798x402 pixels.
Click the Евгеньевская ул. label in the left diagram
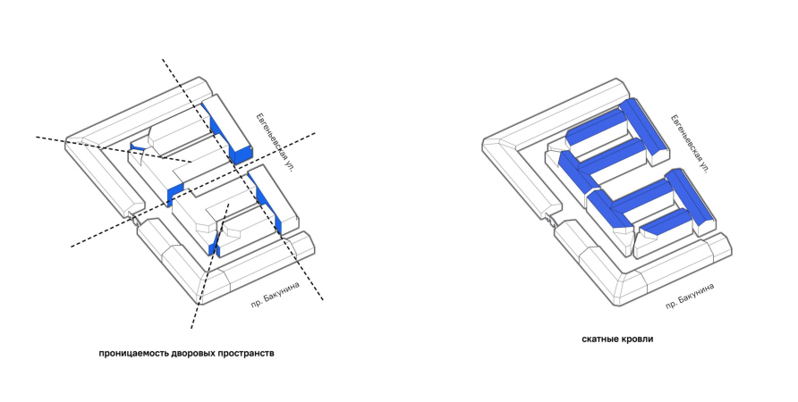[275, 142]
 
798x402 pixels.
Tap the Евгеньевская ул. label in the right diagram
[690, 144]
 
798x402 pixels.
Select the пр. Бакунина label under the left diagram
[276, 294]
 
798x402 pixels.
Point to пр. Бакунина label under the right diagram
[690, 296]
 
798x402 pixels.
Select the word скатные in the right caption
[600, 339]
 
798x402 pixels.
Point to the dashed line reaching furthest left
[114, 150]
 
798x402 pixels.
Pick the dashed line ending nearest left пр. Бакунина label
[242, 180]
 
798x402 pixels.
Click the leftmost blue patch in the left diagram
[138, 148]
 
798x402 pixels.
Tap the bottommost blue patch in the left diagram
[214, 243]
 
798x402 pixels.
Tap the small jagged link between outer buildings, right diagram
[549, 219]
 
